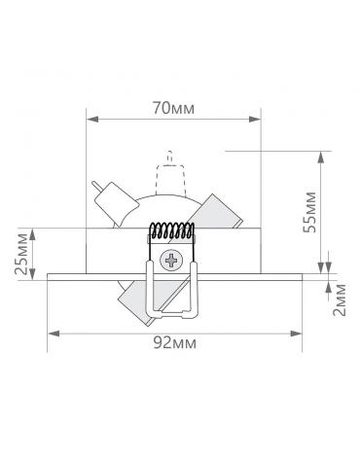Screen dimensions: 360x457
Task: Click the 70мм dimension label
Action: click(173, 108)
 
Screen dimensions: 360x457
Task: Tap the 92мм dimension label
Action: click(175, 342)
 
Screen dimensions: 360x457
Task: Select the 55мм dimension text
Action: click(309, 212)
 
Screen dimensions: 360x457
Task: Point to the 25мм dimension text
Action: click(22, 254)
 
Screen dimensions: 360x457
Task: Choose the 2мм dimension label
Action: click(340, 299)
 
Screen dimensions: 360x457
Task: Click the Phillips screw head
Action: click(170, 261)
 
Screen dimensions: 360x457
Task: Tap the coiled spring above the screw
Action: click(172, 231)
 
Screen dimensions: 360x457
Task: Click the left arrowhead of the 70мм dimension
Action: click(92, 120)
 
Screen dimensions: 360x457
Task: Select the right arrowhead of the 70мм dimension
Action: click(255, 120)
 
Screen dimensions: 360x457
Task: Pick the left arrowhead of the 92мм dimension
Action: click(54, 334)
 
